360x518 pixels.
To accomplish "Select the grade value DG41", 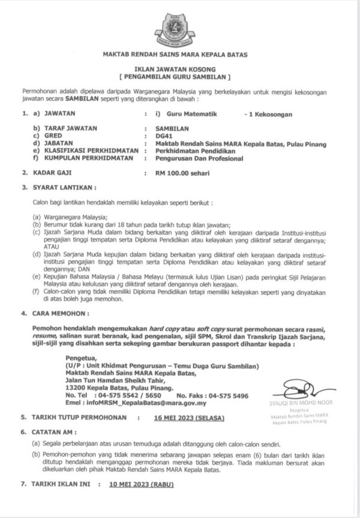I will (163, 136).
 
